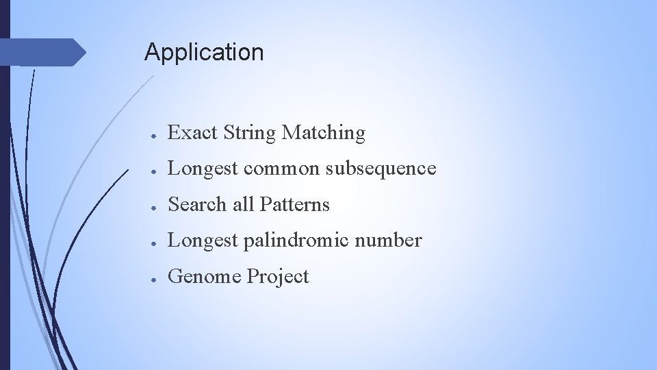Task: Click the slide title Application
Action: [203, 52]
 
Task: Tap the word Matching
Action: [324, 133]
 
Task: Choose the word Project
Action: [278, 277]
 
